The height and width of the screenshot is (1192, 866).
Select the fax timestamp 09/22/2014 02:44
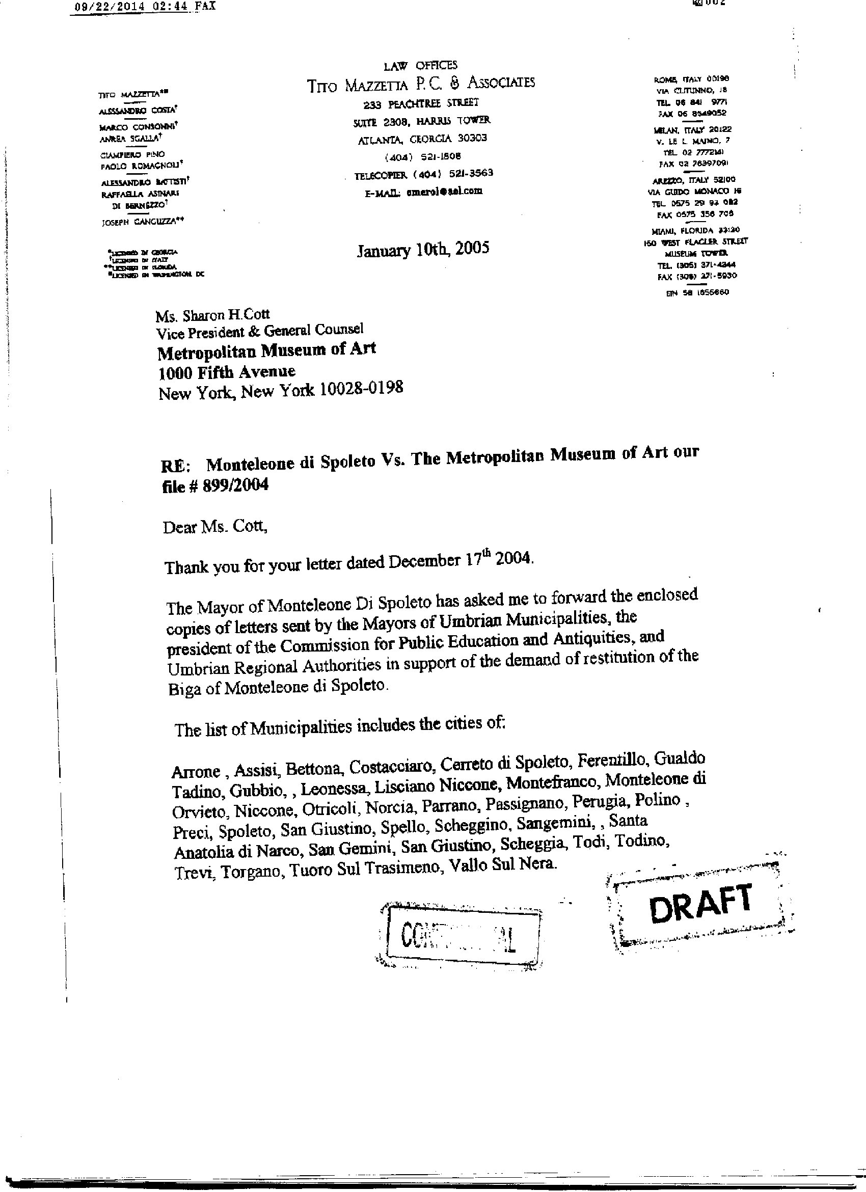point(129,6)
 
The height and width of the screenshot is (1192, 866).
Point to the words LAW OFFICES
point(420,65)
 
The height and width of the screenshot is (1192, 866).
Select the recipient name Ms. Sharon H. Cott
point(212,315)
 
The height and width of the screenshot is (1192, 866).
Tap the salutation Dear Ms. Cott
point(215,527)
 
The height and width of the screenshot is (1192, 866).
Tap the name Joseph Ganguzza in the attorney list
point(143,222)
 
